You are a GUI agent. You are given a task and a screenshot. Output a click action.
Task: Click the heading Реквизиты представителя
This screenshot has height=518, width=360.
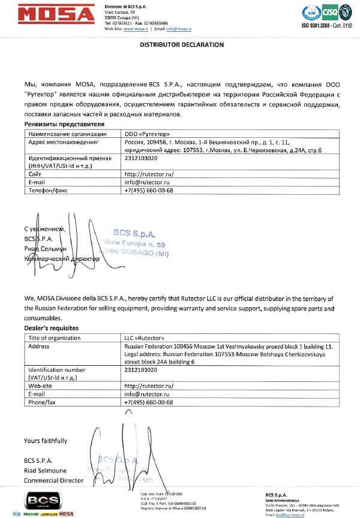point(60,124)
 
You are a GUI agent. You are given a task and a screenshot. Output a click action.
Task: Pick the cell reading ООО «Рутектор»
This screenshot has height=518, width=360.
point(145,134)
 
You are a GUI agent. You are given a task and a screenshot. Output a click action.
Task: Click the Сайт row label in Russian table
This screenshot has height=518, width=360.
point(35,173)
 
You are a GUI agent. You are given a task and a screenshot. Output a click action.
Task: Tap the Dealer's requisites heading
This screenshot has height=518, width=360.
point(52,329)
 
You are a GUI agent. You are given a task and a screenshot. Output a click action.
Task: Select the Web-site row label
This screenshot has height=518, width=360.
point(42,386)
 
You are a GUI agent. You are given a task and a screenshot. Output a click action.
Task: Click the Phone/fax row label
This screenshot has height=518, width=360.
point(43,402)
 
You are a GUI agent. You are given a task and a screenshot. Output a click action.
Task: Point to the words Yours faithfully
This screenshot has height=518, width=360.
point(46,441)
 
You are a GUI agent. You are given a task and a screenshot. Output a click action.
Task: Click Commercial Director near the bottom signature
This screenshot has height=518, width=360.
point(53,480)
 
